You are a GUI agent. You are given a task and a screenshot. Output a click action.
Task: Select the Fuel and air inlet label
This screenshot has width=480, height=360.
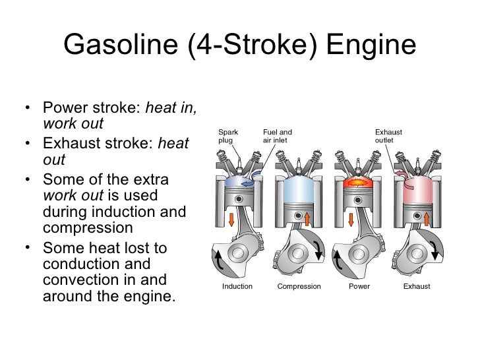click(278, 135)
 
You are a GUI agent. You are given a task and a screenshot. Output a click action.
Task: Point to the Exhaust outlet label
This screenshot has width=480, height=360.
click(389, 135)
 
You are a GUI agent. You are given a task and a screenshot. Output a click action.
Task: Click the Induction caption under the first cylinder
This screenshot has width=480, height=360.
click(238, 286)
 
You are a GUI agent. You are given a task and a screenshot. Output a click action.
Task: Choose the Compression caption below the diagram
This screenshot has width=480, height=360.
click(299, 286)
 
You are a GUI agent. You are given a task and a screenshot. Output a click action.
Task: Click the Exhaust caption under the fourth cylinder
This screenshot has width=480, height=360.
click(416, 286)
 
